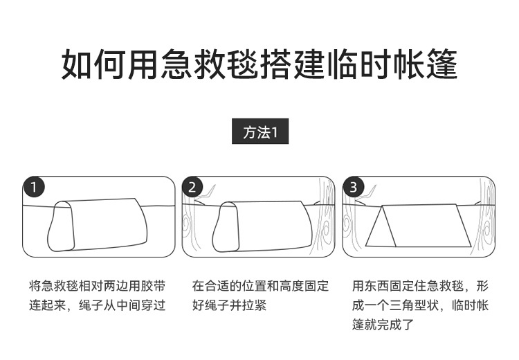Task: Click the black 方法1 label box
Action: tap(259, 131)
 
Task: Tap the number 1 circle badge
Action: tap(34, 187)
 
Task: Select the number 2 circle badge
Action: tap(192, 187)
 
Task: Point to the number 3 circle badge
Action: tap(353, 187)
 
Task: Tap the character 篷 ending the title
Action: tap(442, 64)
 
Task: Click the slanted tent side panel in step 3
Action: tap(427, 226)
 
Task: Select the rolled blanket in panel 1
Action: tap(98, 224)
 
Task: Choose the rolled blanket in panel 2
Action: tap(262, 226)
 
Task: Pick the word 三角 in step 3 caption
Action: tap(401, 305)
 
